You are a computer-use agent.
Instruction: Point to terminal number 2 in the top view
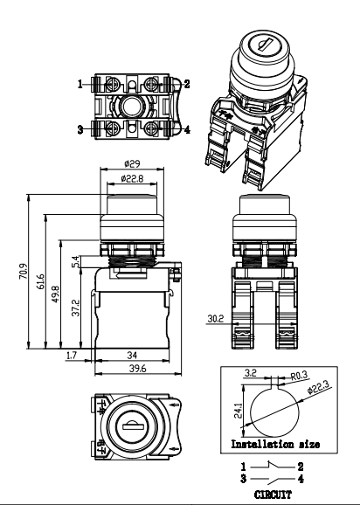click(187, 84)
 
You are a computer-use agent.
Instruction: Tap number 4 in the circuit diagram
click(302, 478)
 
